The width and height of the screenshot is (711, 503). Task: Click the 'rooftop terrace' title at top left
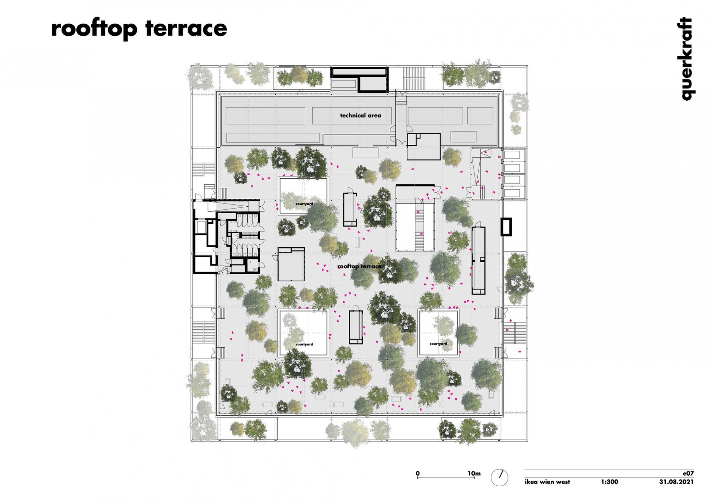pyautogui.click(x=139, y=29)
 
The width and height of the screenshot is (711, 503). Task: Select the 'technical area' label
pyautogui.click(x=360, y=115)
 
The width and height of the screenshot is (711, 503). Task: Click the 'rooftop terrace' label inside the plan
pyautogui.click(x=359, y=266)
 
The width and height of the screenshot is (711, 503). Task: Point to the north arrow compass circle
pyautogui.click(x=499, y=477)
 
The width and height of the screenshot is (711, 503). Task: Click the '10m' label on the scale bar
pyautogui.click(x=474, y=473)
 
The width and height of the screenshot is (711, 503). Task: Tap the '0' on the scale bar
pyautogui.click(x=418, y=473)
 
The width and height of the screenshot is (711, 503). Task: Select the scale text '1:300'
pyautogui.click(x=609, y=482)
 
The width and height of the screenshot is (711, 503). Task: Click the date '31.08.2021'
pyautogui.click(x=676, y=482)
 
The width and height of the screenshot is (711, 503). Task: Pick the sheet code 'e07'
pyautogui.click(x=689, y=473)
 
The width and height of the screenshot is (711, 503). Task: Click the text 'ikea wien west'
pyautogui.click(x=547, y=482)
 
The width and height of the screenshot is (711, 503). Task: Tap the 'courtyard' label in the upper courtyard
pyautogui.click(x=305, y=204)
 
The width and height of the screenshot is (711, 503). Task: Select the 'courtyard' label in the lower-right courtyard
pyautogui.click(x=438, y=344)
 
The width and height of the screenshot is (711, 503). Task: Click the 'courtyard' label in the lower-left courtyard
pyautogui.click(x=305, y=345)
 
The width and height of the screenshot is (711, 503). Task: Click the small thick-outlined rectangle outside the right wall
pyautogui.click(x=506, y=227)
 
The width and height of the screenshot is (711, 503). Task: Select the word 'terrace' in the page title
pyautogui.click(x=186, y=29)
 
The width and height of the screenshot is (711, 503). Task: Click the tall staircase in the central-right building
pyautogui.click(x=419, y=226)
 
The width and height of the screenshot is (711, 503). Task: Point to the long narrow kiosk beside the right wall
pyautogui.click(x=479, y=260)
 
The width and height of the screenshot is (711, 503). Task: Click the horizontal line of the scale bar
pyautogui.click(x=446, y=478)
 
